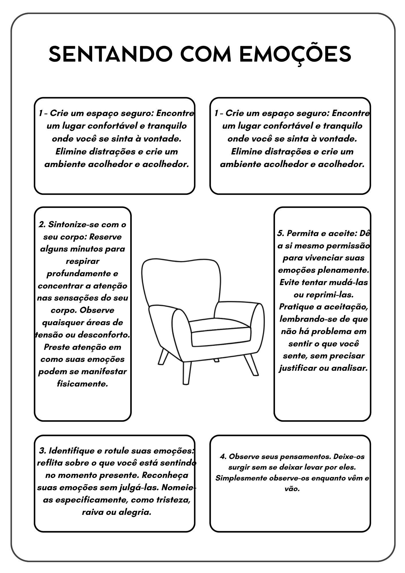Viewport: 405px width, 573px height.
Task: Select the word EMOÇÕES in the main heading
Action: point(295,54)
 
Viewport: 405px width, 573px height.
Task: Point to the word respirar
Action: point(82,261)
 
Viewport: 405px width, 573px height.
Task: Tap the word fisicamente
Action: point(82,384)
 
